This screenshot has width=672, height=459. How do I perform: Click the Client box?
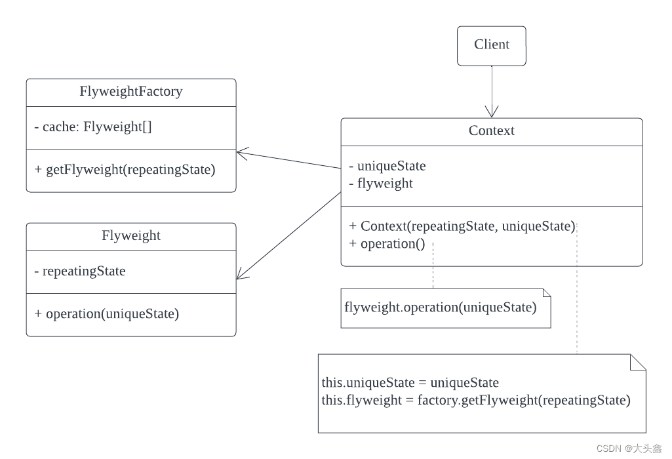tap(491, 45)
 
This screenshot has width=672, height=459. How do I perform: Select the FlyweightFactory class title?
tap(130, 92)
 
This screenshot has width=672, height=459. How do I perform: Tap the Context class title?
tap(491, 131)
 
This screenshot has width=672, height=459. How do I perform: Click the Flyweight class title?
tap(130, 236)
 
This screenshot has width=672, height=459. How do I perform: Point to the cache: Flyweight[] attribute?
tap(92, 127)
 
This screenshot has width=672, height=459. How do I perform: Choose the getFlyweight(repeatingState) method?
tap(125, 169)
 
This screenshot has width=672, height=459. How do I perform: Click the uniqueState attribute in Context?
tap(387, 166)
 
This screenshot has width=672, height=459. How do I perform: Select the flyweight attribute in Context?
tap(381, 184)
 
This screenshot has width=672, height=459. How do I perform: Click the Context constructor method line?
tap(462, 226)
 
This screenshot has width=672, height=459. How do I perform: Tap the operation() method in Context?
tap(387, 245)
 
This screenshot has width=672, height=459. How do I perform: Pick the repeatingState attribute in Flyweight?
tap(79, 271)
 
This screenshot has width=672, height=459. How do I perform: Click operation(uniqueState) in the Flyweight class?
tap(106, 313)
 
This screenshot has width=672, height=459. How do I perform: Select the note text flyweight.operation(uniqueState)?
tap(440, 307)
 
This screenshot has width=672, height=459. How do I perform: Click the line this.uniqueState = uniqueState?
tap(410, 383)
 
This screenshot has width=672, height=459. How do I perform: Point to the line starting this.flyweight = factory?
tap(476, 401)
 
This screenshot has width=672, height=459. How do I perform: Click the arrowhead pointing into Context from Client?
tap(491, 112)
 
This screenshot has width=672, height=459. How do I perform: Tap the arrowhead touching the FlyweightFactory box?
tap(242, 153)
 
